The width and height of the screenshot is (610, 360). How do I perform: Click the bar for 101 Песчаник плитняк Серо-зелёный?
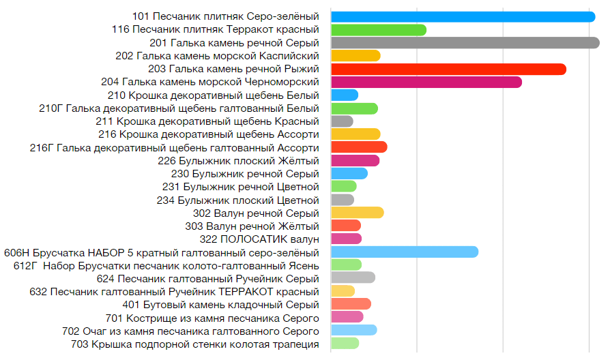[x=463, y=16]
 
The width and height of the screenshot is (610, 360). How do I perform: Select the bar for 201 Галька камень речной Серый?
[x=465, y=43]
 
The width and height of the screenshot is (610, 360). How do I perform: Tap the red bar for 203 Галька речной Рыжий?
[x=448, y=69]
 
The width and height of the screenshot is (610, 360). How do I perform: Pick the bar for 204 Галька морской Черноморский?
[x=426, y=82]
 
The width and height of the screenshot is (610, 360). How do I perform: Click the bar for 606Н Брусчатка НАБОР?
[x=404, y=252]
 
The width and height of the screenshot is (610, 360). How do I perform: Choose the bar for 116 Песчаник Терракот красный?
[x=378, y=30]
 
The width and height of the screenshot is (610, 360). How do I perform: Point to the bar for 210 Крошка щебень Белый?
[x=344, y=95]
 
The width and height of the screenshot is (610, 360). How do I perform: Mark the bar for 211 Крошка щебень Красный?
[x=341, y=121]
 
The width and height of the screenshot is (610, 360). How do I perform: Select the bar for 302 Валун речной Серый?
[x=357, y=213]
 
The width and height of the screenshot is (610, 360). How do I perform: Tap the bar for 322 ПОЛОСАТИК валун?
[x=346, y=239]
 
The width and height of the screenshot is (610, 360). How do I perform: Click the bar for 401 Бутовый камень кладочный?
[x=351, y=304]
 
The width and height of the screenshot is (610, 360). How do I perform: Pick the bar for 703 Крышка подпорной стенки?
[x=345, y=344]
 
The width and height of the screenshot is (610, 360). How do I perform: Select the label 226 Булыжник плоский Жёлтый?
[x=238, y=161]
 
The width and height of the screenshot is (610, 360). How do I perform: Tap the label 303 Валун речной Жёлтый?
[x=252, y=226]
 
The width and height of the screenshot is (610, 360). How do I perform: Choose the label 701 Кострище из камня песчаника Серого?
[x=213, y=318]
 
